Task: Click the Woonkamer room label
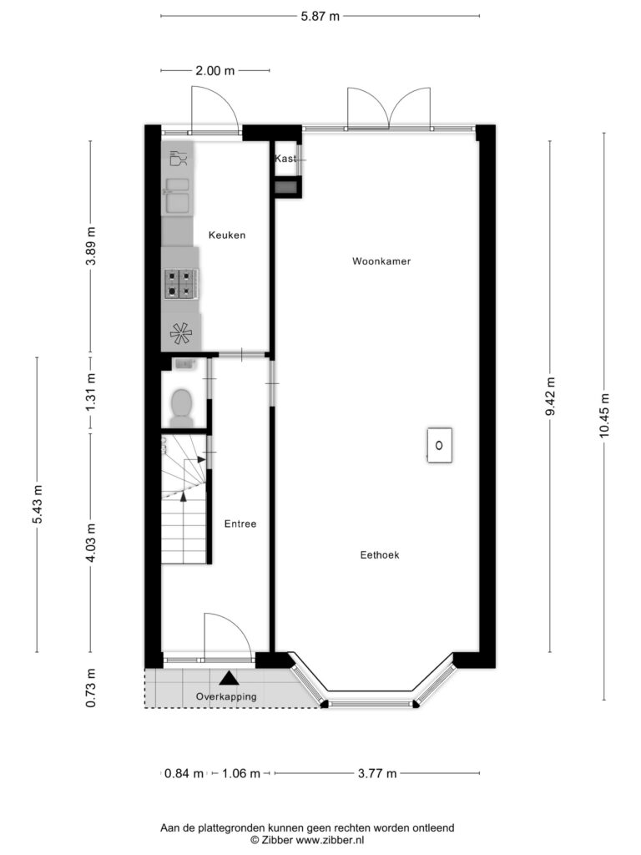pyautogui.click(x=381, y=261)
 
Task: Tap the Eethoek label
pyautogui.click(x=380, y=555)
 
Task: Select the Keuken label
pyautogui.click(x=227, y=235)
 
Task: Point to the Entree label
pyautogui.click(x=240, y=524)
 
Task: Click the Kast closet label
pyautogui.click(x=285, y=159)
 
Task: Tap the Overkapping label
pyautogui.click(x=226, y=697)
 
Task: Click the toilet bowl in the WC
pyautogui.click(x=181, y=407)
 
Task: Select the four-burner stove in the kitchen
pyautogui.click(x=181, y=284)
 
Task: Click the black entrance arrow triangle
pyautogui.click(x=229, y=678)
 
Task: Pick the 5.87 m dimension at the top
pyautogui.click(x=320, y=17)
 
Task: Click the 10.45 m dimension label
pyautogui.click(x=604, y=416)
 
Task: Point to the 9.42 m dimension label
pyautogui.click(x=550, y=397)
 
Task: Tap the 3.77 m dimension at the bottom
pyautogui.click(x=377, y=773)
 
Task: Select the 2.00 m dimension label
pyautogui.click(x=215, y=70)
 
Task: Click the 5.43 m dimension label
pyautogui.click(x=37, y=503)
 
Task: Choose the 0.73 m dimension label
pyautogui.click(x=90, y=688)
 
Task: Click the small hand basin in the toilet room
pyautogui.click(x=184, y=364)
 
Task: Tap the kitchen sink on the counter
pyautogui.click(x=178, y=195)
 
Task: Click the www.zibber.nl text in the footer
pyautogui.click(x=330, y=840)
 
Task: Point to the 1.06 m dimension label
pyautogui.click(x=241, y=773)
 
